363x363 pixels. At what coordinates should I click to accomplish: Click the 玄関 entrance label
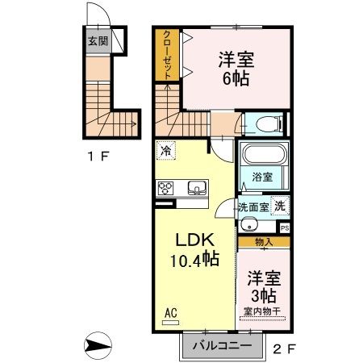click(x=98, y=40)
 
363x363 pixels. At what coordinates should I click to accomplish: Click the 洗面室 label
click(x=252, y=207)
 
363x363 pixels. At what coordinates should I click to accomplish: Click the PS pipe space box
click(x=283, y=227)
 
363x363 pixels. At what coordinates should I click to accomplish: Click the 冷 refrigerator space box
click(x=165, y=150)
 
